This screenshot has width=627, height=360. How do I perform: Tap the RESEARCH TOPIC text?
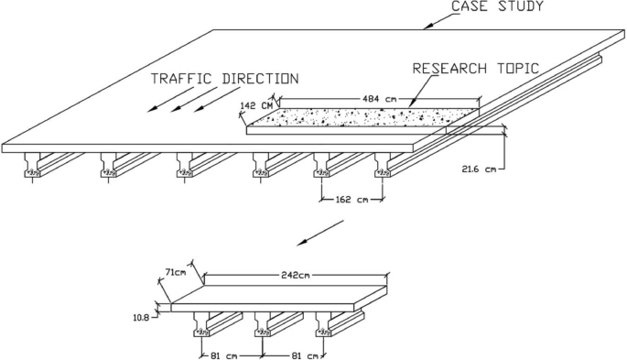pyautogui.click(x=476, y=69)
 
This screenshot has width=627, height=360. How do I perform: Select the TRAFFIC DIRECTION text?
pyautogui.click(x=224, y=79)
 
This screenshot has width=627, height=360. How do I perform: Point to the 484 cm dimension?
pyautogui.click(x=378, y=97)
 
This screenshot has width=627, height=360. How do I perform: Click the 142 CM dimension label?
pyautogui.click(x=255, y=106)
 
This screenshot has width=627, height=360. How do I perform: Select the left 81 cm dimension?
pyautogui.click(x=231, y=355)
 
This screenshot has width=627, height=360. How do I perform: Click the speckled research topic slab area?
pyautogui.click(x=366, y=117)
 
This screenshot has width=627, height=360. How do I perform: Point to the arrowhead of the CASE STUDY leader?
pyautogui.click(x=426, y=27)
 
